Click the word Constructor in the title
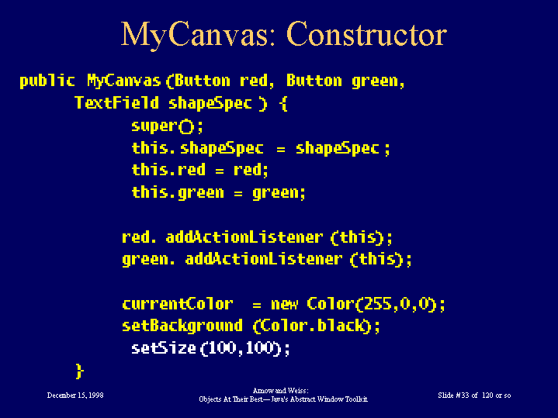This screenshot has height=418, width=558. click(366, 34)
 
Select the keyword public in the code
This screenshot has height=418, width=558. click(47, 81)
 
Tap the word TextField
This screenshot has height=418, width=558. click(116, 103)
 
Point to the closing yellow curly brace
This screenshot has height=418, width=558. click(80, 371)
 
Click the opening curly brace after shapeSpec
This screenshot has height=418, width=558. click(283, 103)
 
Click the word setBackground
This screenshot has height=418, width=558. click(182, 326)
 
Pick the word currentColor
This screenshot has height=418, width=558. click(178, 304)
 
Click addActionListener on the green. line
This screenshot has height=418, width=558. click(264, 259)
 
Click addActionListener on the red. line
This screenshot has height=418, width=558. click(244, 237)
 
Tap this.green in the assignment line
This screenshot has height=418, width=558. click(178, 193)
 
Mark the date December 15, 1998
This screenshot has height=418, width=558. click(75, 396)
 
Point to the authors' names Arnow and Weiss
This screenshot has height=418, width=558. click(280, 391)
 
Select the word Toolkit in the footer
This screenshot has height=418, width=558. click(356, 399)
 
